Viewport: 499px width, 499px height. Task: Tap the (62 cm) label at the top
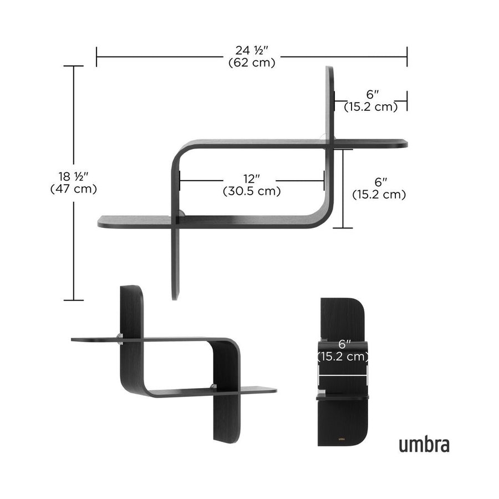(x=252, y=63)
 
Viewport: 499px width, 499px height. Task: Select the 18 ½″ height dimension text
(x=73, y=177)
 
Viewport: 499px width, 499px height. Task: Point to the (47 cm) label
(x=73, y=189)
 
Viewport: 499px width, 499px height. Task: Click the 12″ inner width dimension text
(x=252, y=179)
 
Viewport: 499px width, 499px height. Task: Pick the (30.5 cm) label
(x=252, y=191)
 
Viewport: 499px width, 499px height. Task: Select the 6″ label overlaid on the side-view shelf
(x=343, y=344)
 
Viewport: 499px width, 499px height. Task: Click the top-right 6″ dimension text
(x=371, y=95)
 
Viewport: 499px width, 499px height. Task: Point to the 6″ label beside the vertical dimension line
(x=379, y=182)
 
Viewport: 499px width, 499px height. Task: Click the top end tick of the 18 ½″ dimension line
(x=73, y=66)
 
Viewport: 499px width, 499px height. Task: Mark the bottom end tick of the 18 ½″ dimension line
(x=73, y=300)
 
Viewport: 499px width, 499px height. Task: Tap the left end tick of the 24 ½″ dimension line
(x=96, y=57)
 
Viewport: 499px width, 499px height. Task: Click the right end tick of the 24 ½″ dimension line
(x=407, y=57)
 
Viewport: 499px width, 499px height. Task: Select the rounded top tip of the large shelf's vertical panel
(x=330, y=69)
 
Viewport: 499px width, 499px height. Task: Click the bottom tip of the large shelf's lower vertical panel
(x=175, y=297)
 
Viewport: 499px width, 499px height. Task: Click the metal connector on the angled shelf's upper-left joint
(x=120, y=339)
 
